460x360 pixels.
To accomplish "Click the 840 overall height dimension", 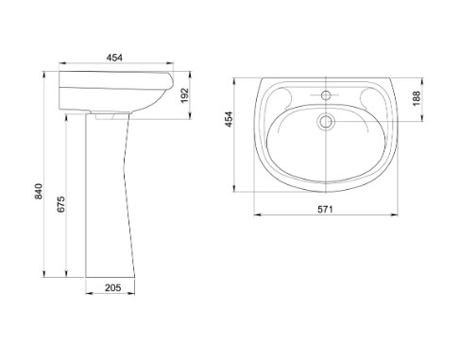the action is point(39,191).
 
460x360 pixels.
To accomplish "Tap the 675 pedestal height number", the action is point(61,204).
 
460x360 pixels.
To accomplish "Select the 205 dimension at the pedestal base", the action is point(113,287).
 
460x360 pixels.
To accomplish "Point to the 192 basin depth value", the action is point(184,95).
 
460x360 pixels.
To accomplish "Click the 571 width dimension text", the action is point(325,209).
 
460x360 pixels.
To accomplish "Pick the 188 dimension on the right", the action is point(417,98).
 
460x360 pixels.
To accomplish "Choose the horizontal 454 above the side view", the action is point(114,58).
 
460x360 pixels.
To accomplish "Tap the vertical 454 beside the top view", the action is point(229,119).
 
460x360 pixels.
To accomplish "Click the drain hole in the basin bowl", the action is point(326,121).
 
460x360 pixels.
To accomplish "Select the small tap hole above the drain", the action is point(326,94).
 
